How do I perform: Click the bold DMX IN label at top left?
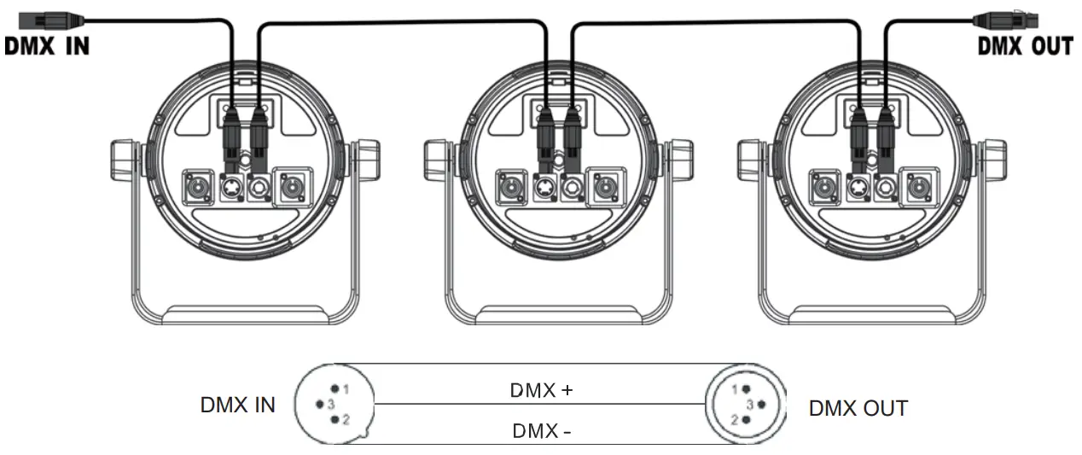click(47, 45)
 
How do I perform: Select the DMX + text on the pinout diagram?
click(541, 391)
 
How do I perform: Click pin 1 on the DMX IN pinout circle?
click(335, 388)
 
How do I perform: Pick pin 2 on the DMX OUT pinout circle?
click(745, 420)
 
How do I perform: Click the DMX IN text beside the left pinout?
click(238, 405)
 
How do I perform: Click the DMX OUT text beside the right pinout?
click(858, 408)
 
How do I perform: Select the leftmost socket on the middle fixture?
click(515, 184)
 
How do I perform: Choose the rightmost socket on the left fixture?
click(292, 184)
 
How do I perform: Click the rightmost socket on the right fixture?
click(919, 184)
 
